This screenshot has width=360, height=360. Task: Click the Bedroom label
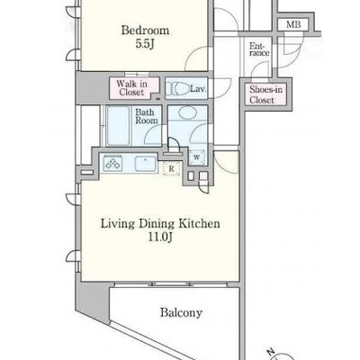point(145,31)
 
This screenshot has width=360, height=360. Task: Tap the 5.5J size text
point(145,44)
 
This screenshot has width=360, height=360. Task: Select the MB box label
point(293,24)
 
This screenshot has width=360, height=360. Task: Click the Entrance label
point(259,49)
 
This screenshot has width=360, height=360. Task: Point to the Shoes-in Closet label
point(265,94)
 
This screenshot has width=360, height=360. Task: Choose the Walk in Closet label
point(132,88)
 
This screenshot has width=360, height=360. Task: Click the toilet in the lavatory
point(177,89)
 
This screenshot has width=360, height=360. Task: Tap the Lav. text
point(198,89)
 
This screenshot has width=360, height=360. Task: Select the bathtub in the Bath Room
point(118,125)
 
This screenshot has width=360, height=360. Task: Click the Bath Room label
point(147,116)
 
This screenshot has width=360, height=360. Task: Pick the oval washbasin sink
point(187,113)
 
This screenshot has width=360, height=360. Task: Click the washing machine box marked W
point(197,157)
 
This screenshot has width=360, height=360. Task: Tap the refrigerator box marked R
point(171,168)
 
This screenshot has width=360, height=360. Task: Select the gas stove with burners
point(112,164)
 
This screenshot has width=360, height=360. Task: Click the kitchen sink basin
point(146,164)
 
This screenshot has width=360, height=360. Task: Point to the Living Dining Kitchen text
point(160,224)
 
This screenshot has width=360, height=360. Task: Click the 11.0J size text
point(160,238)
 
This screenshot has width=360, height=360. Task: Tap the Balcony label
point(181,312)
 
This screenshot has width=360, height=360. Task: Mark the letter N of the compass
point(272,351)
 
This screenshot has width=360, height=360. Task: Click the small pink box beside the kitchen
point(203,175)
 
